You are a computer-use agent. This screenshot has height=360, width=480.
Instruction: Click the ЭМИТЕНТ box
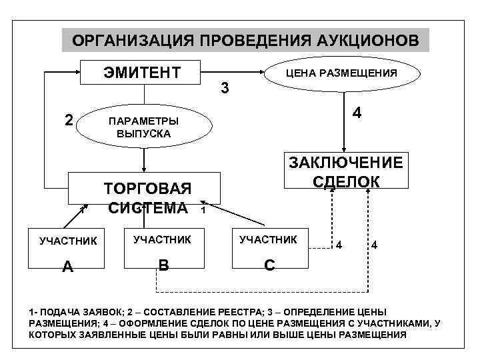[x=141, y=72]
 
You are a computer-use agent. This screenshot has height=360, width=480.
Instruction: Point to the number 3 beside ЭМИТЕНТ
[x=225, y=88]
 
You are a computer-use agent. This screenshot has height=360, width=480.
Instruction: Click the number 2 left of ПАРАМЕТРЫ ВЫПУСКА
[x=68, y=121]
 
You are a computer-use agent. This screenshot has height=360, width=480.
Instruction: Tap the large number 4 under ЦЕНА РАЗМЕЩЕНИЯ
[x=357, y=114]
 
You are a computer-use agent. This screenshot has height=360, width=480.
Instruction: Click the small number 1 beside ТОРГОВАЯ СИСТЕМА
[x=203, y=211]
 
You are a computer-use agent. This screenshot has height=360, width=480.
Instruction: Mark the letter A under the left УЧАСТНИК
[x=67, y=267]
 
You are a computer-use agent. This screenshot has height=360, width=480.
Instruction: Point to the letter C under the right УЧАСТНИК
[x=269, y=265]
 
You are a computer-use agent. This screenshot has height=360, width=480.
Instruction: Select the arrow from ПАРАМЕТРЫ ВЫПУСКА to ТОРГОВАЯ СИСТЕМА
[x=144, y=159]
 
